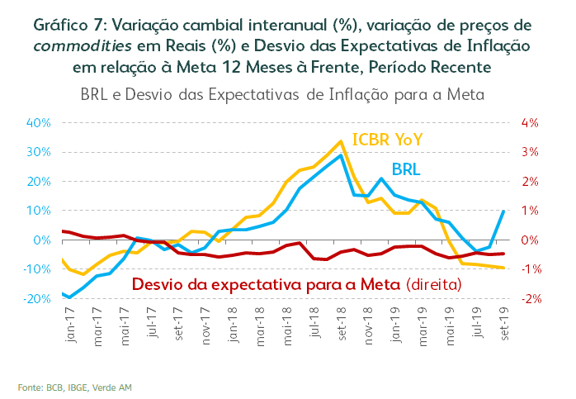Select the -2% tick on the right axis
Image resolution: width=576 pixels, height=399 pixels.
click(526, 299)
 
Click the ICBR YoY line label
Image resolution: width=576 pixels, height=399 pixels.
click(387, 140)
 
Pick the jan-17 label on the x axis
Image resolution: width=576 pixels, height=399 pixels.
click(69, 321)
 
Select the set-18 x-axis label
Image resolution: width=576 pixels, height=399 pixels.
click(341, 321)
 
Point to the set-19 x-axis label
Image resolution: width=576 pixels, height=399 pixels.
click(504, 321)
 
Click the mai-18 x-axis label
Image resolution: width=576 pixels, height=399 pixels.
click(287, 321)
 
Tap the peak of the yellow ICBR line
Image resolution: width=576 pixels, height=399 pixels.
click(341, 141)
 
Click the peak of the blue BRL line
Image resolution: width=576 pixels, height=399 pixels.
click(341, 155)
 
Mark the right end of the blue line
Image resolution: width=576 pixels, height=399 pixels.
click(504, 211)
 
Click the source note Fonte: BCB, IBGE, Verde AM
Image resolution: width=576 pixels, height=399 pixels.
click(74, 386)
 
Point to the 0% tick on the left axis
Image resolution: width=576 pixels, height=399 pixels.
click(43, 240)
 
